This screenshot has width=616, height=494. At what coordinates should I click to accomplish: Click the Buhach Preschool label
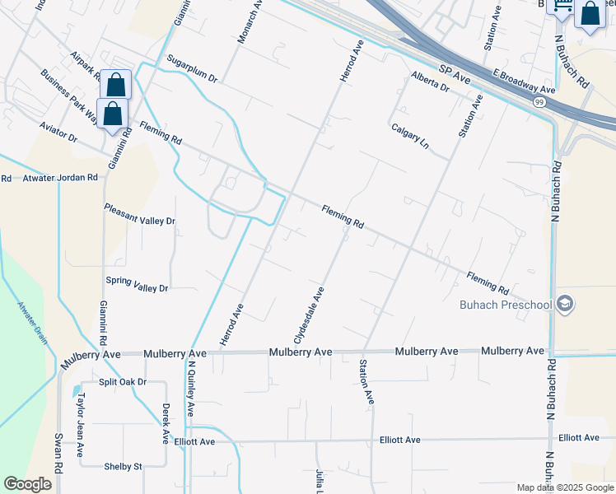[x=505, y=305]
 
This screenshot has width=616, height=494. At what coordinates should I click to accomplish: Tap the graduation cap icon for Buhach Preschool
[x=565, y=305]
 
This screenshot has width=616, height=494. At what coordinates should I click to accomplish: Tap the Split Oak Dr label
[x=123, y=382]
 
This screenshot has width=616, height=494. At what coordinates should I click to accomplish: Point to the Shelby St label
[x=123, y=466]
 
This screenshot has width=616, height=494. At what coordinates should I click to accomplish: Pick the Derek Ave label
[x=166, y=425]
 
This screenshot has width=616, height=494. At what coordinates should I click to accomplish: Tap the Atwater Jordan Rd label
[x=60, y=177]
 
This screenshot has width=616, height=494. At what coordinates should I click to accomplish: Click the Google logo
[x=27, y=484]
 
